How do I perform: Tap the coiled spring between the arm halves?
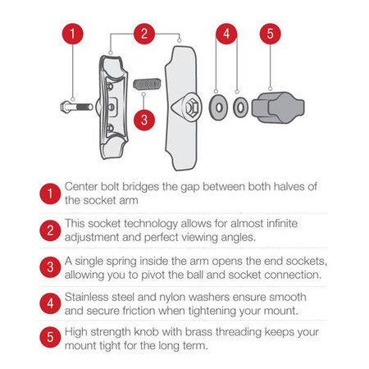144,84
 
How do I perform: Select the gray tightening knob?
272,107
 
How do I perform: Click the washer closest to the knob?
240,107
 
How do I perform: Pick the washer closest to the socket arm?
216,107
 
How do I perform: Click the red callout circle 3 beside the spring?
144,118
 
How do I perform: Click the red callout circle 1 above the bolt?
74,34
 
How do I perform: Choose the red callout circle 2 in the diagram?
144,34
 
